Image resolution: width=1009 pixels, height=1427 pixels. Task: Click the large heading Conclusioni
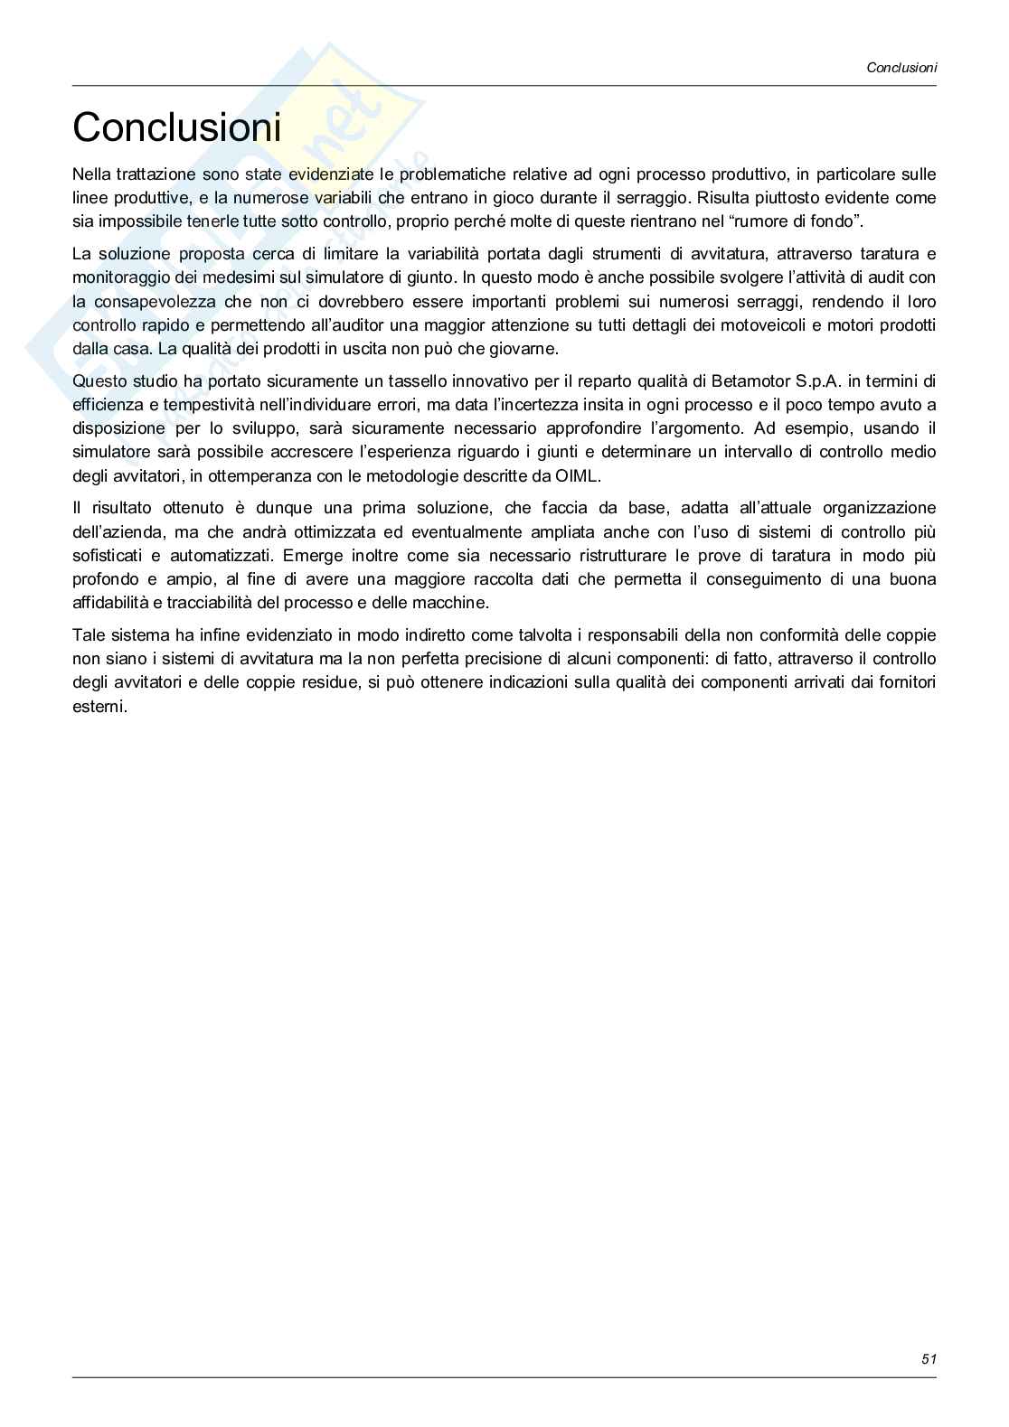tap(176, 127)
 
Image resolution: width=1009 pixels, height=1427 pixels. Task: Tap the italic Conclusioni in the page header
tap(901, 67)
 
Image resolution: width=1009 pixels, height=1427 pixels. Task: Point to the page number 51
tap(929, 1358)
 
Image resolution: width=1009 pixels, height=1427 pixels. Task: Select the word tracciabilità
tap(210, 603)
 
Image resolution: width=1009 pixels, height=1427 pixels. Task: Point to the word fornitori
tap(904, 682)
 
